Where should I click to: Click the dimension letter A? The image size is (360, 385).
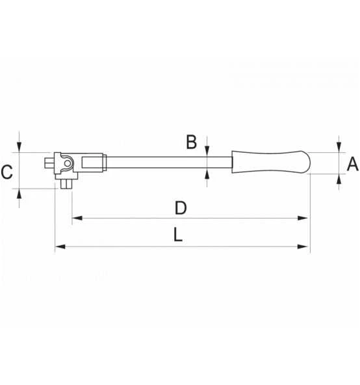[x=352, y=165]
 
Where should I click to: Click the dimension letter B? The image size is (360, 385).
[x=191, y=142]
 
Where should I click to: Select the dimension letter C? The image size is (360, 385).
[x=6, y=173]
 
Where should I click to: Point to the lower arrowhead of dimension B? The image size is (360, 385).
[x=207, y=172]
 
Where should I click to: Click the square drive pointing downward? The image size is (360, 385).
[x=65, y=184]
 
